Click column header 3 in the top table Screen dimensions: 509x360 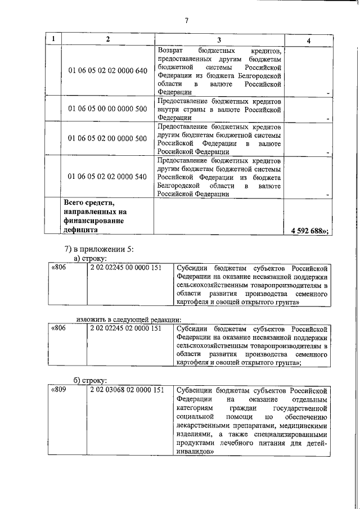click(x=219, y=40)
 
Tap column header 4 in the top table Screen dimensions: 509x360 click(x=308, y=40)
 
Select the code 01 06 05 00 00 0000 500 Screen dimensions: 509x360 click(x=107, y=109)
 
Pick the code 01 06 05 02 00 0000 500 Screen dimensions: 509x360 click(x=107, y=138)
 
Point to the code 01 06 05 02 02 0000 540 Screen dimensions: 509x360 click(x=107, y=177)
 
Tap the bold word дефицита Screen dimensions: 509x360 click(x=80, y=230)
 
